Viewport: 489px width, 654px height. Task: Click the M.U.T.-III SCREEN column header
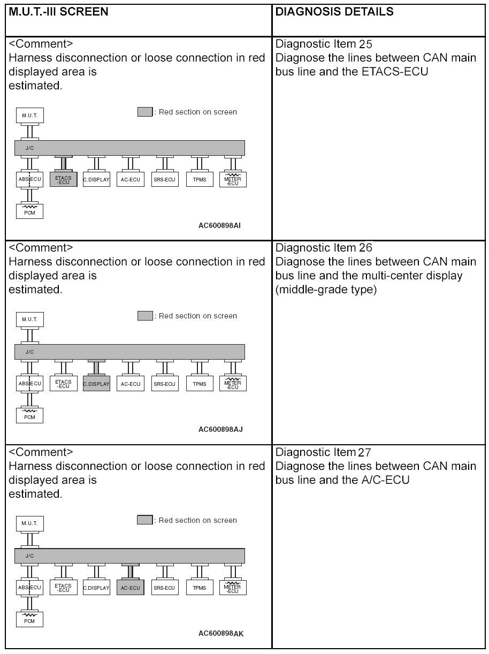tap(58, 12)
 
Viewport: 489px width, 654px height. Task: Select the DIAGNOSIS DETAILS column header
tap(334, 12)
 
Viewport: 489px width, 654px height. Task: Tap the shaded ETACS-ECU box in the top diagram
tap(63, 179)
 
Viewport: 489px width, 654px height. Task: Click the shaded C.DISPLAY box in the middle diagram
tap(96, 384)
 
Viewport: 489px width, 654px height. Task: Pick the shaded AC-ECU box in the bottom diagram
tap(130, 588)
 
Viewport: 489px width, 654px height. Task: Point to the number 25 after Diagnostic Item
tap(366, 44)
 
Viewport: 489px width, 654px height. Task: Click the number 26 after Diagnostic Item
tap(366, 248)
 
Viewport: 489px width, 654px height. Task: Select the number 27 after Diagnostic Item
tap(366, 453)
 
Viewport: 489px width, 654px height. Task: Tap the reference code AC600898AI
tap(219, 225)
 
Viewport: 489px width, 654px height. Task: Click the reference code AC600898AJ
tap(219, 429)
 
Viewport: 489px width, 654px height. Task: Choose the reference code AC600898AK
tap(220, 633)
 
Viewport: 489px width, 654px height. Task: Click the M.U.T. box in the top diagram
tap(29, 115)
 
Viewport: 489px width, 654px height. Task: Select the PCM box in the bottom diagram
tap(29, 620)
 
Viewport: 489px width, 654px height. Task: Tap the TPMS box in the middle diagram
tap(200, 384)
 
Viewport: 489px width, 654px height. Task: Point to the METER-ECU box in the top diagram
tap(233, 179)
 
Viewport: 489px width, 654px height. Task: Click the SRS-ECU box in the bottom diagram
tap(164, 588)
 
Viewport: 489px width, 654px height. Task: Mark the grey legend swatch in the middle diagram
tap(145, 316)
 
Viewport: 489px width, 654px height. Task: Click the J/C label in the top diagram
tap(29, 148)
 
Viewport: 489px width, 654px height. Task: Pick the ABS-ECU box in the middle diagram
tap(29, 384)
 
